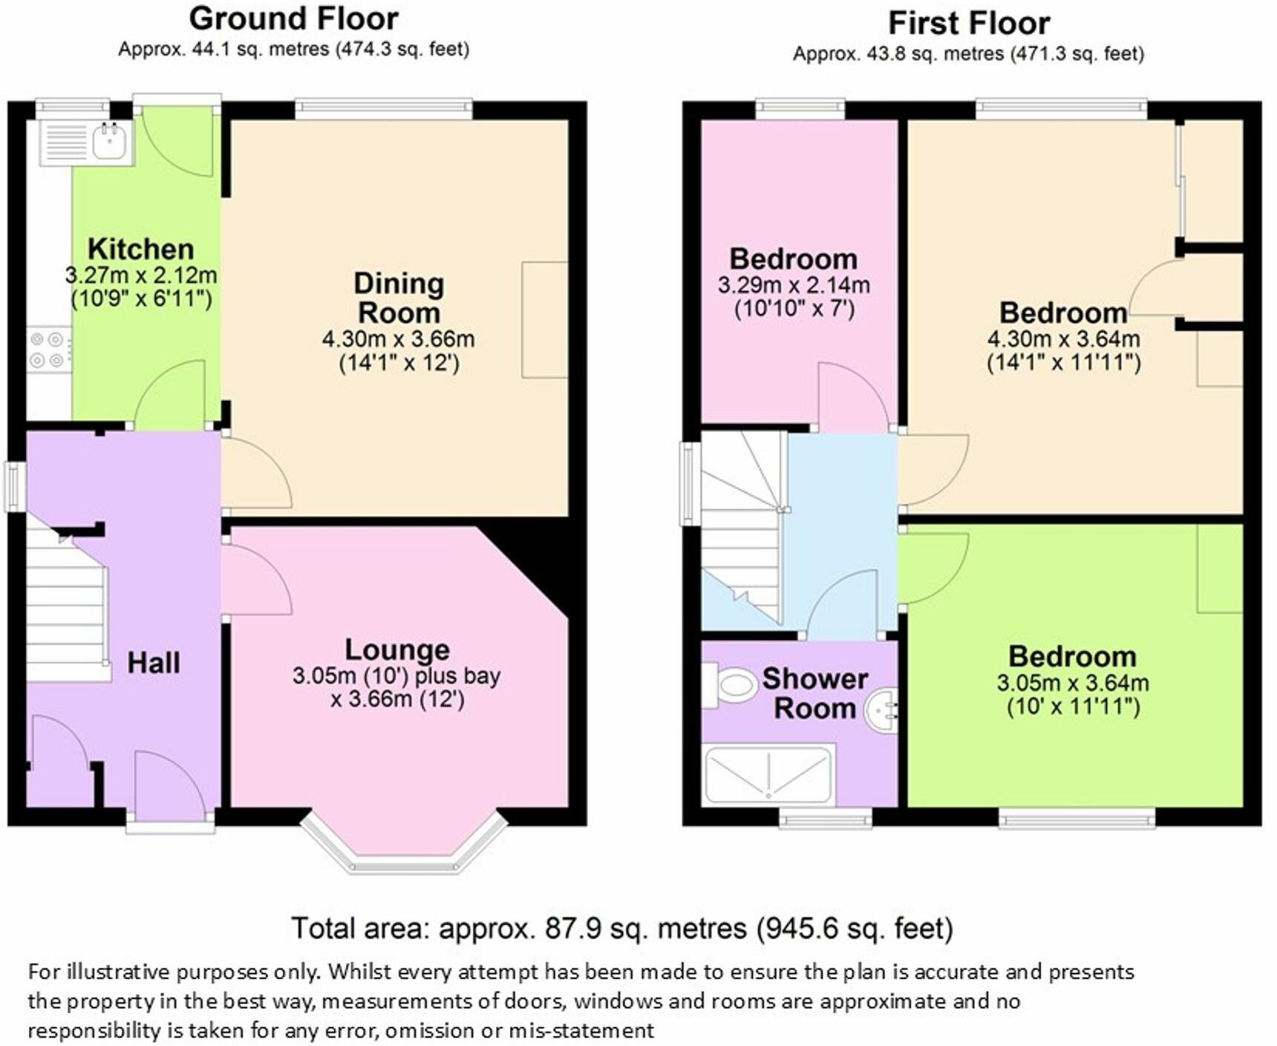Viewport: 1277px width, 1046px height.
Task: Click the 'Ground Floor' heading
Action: (x=294, y=19)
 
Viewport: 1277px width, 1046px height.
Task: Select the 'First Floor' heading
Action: (x=969, y=24)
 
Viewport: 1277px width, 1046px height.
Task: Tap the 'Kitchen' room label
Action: (x=141, y=249)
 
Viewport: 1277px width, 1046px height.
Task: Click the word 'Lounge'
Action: (x=397, y=650)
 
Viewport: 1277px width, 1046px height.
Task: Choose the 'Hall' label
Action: (x=154, y=663)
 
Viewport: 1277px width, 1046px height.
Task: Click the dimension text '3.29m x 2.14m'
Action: (x=794, y=285)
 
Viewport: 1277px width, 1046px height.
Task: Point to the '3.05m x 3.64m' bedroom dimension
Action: (x=1073, y=683)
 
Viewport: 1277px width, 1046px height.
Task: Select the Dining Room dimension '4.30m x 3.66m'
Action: (x=398, y=339)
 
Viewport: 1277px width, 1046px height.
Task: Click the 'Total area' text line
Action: (x=622, y=929)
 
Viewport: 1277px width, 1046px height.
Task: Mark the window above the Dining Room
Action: (x=384, y=109)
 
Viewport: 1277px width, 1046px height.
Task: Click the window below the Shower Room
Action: (x=826, y=817)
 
